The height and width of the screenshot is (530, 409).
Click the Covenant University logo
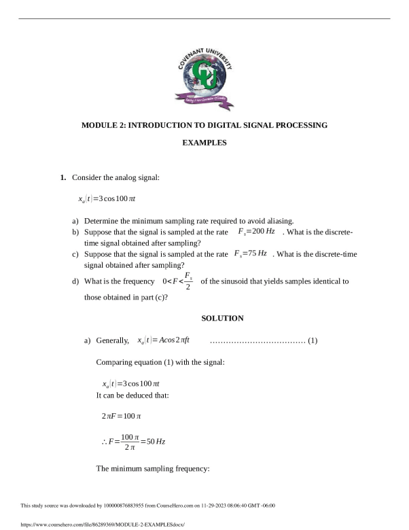coord(204,81)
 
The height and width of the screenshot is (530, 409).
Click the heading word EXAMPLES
coord(204,143)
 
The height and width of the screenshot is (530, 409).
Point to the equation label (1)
coord(313,340)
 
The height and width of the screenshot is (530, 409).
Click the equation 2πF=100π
coord(121,415)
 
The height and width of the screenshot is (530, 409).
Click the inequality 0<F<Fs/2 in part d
coord(178,281)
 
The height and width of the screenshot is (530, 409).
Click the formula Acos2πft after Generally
coord(163,340)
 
